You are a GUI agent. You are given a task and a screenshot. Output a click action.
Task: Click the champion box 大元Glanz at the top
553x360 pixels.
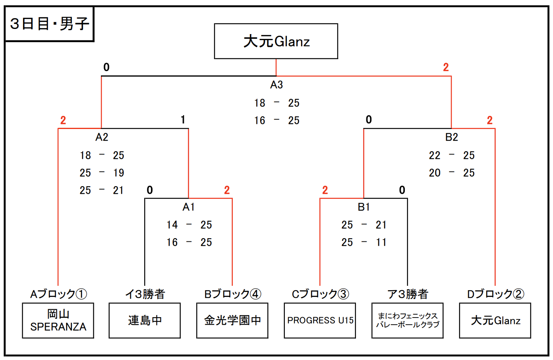point(276,41)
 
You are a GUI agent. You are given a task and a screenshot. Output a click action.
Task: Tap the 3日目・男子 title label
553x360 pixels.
point(49,24)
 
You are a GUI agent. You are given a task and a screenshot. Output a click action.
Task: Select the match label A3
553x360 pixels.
point(276,85)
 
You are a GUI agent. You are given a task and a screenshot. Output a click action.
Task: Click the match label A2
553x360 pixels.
point(102,137)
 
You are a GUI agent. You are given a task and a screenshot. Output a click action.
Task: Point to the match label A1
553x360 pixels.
point(188,207)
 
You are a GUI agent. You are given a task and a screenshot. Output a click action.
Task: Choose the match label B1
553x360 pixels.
point(364,207)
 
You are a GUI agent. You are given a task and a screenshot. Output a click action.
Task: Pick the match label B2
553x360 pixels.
point(452,137)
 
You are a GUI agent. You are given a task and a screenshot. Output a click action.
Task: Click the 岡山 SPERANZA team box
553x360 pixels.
point(58,321)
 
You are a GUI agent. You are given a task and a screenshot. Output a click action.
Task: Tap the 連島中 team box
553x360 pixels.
point(145,321)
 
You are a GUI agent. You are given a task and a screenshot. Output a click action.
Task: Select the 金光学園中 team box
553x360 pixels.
point(232,321)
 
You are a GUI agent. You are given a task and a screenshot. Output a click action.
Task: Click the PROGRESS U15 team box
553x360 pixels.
point(320,321)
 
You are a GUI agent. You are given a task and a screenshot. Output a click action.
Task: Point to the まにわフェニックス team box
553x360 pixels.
point(408,321)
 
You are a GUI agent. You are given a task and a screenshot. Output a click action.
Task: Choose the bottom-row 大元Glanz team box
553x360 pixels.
point(495,321)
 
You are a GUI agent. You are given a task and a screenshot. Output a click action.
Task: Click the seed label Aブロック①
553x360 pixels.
point(58,294)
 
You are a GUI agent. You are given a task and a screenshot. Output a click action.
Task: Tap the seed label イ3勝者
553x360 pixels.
point(145,294)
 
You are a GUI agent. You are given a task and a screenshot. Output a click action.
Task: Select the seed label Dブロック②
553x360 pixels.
point(495,294)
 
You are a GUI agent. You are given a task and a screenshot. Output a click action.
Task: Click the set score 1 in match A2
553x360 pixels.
point(183,119)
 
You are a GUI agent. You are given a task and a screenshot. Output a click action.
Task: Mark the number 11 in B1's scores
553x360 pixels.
point(381,243)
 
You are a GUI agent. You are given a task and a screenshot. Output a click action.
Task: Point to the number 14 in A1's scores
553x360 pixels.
point(172,225)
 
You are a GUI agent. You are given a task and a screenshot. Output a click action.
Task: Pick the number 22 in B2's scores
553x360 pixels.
point(435,155)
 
